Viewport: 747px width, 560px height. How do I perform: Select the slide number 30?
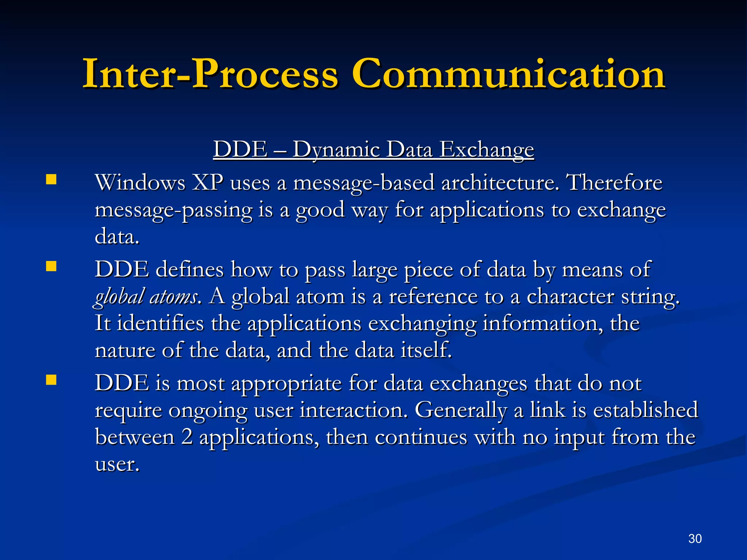[x=695, y=538]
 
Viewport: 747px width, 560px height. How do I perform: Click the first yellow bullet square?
[x=51, y=180]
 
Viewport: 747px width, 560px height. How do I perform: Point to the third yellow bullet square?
[x=51, y=380]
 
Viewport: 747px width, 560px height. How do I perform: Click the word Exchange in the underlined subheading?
[x=486, y=150]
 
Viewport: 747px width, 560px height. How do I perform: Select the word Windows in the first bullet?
[x=140, y=183]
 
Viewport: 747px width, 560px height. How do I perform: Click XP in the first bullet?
[x=208, y=183]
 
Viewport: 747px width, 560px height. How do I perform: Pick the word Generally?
[x=461, y=411]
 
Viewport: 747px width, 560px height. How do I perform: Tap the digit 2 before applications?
[x=187, y=437]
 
